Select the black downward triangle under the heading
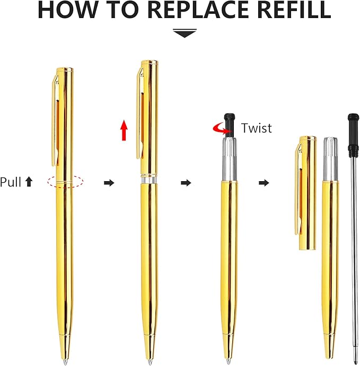(x=185, y=33)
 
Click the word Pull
(x=11, y=182)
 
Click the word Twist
(x=256, y=128)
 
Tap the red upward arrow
(x=124, y=130)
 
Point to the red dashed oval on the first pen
(x=65, y=182)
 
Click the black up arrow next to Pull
(x=29, y=182)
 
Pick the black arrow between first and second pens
(x=109, y=183)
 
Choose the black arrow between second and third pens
(x=186, y=183)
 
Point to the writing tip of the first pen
(x=65, y=361)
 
